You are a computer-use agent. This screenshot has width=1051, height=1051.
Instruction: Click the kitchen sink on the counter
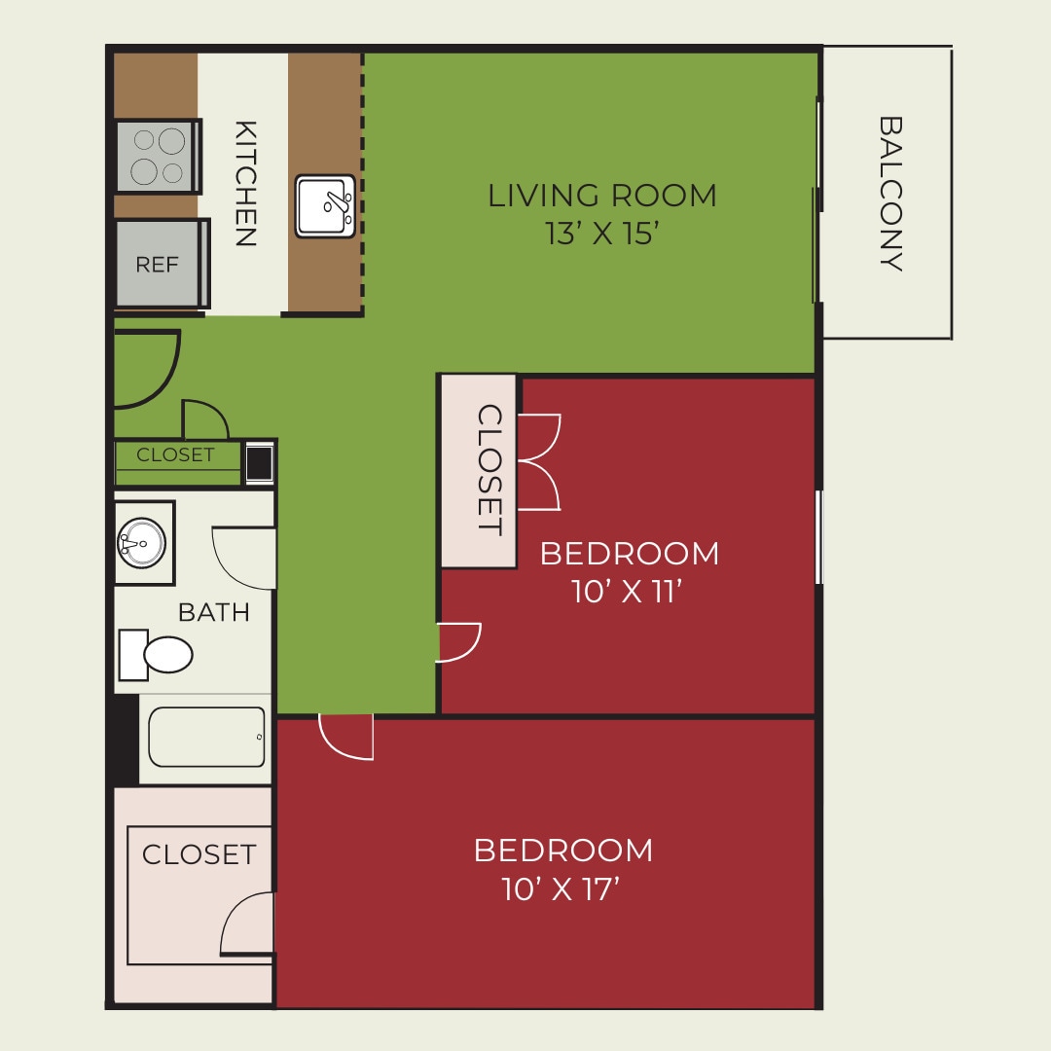[x=325, y=205]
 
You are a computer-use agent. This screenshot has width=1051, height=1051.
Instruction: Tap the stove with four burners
[x=158, y=157]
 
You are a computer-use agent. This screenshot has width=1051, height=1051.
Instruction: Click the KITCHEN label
[x=245, y=183]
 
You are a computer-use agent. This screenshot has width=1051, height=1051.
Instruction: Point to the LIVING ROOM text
[x=601, y=196]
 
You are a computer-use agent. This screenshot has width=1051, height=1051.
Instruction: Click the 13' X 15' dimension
[x=603, y=235]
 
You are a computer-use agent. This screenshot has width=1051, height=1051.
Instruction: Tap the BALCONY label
[x=890, y=194]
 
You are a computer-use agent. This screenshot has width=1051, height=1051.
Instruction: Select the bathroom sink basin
[x=142, y=541]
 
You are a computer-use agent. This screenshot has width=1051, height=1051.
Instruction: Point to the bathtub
[x=206, y=737]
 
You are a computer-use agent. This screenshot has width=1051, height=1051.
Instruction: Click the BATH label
[x=213, y=612]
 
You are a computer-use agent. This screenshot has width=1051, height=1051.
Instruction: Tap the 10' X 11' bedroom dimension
[x=624, y=592]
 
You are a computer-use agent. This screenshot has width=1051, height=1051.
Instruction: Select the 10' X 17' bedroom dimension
[x=562, y=888]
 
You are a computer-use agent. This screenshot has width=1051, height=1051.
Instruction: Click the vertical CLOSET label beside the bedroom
[x=489, y=470]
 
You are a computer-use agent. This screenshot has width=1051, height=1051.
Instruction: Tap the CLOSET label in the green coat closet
[x=175, y=454]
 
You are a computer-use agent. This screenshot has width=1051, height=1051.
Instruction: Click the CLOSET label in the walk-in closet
[x=199, y=854]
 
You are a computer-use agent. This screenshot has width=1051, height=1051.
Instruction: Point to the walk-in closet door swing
[x=246, y=923]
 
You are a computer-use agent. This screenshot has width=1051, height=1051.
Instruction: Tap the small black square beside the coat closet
[x=259, y=462]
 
